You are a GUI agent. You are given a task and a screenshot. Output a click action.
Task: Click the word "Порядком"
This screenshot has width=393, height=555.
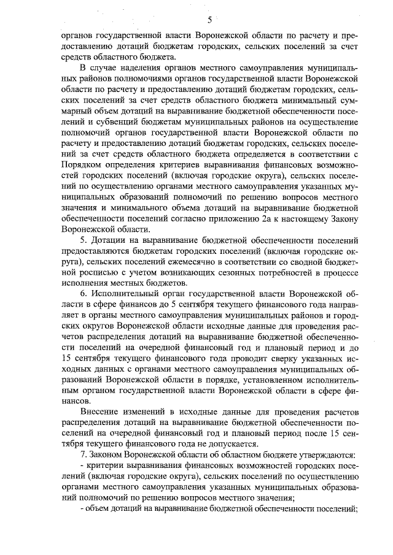[83, 166]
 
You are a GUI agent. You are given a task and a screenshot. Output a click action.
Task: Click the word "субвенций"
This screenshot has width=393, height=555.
[105, 123]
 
